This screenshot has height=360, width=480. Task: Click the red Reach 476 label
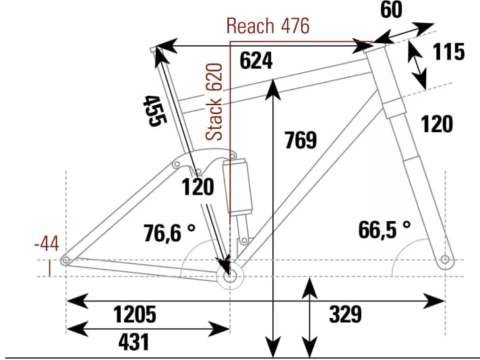pos(268,26)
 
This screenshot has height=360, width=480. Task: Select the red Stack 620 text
pos(214,102)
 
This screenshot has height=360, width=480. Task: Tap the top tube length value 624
pos(256,61)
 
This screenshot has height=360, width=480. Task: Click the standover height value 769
pos(300,140)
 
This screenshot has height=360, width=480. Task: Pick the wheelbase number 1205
pos(135,313)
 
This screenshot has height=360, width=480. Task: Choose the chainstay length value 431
pos(133,342)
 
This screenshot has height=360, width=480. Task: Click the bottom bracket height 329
pos(346,313)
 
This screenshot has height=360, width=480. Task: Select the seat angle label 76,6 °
pos(169,233)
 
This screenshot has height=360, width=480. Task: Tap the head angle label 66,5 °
pos(384,230)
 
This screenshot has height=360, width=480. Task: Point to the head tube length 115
pos(448,52)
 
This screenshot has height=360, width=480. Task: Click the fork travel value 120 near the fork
pos(436,124)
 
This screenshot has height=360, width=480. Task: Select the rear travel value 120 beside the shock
pos(198,187)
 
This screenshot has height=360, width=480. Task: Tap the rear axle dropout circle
pos(65,260)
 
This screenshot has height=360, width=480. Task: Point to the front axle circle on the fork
pos(444,260)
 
